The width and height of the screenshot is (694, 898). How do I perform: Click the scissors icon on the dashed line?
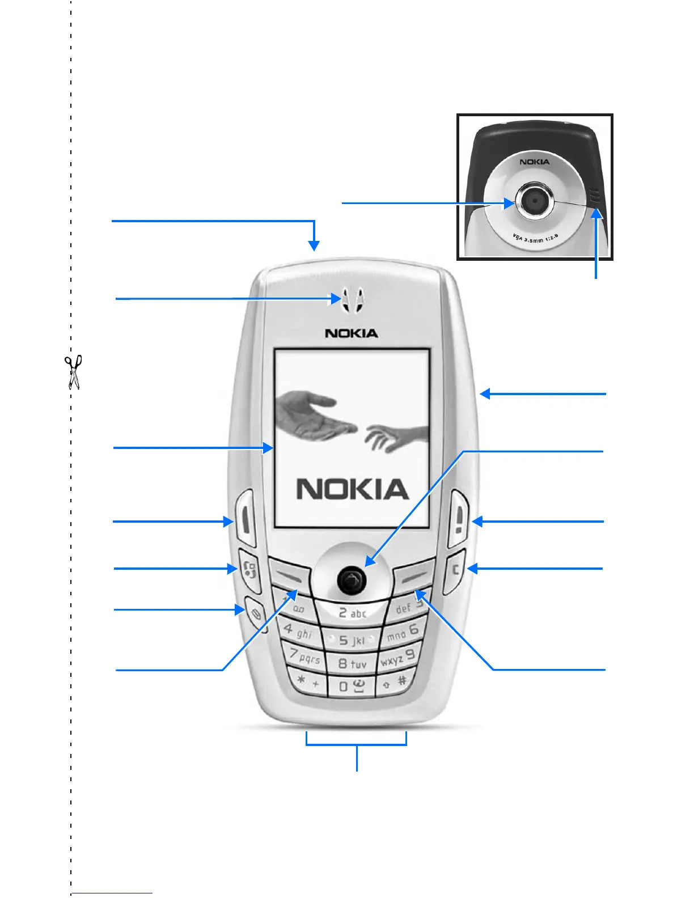point(73,372)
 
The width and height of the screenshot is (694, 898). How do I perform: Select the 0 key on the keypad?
point(352,686)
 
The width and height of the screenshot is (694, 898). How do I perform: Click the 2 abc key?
point(352,613)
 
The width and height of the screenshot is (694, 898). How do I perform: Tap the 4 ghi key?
point(298,630)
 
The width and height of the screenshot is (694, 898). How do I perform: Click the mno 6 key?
point(403,632)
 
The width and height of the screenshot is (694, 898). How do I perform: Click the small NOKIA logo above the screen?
point(352,333)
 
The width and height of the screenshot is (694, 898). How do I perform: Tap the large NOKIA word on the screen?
point(352,489)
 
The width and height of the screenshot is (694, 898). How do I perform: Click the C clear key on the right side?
point(455,569)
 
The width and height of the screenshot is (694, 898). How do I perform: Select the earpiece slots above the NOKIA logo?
point(352,299)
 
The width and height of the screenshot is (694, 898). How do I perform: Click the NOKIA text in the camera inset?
point(535,162)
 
